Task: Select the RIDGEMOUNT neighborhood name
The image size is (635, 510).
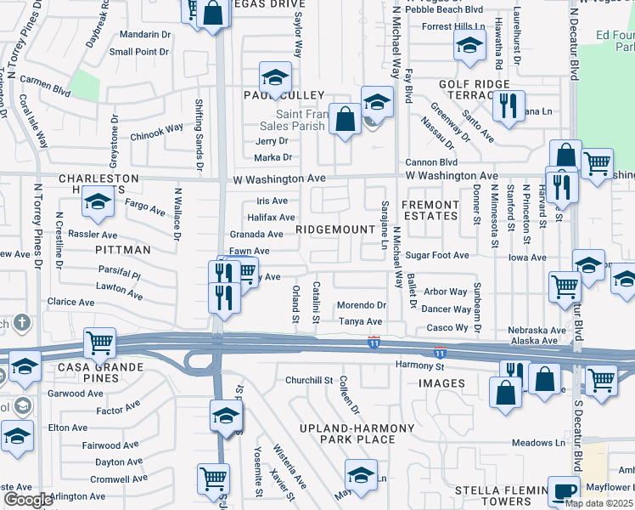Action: pos(335,229)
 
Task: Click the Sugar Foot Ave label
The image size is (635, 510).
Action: pos(436,255)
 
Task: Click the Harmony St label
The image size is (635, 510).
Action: pos(420,366)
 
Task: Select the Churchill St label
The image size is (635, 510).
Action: pos(307,380)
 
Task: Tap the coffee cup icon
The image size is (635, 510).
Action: pos(563,491)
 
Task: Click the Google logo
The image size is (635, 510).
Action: pos(28,500)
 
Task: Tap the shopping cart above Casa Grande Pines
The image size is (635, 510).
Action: pos(100,343)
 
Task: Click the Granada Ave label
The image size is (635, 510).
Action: pos(256,235)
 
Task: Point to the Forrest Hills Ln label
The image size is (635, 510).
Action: pos(452,26)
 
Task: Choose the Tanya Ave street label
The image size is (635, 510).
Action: pos(361,321)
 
